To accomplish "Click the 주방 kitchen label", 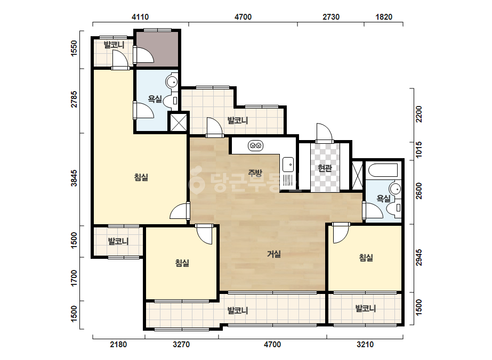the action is tap(255, 173).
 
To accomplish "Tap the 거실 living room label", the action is tap(273, 253).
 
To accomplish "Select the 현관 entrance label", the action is tap(325, 168).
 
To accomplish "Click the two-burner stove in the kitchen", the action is tap(255, 146).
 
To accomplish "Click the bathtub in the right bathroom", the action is tap(383, 170).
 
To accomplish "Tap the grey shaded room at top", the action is tap(157, 48).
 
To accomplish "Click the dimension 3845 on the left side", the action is tap(74, 178).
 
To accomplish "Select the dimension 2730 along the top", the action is tap(331, 17).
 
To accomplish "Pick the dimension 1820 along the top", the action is tap(384, 17).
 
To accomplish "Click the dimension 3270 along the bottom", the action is tap(181, 345).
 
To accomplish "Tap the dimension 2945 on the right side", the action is tap(419, 258).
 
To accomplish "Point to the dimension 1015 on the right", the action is tap(419, 150).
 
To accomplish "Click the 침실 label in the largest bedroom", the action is tap(141, 177).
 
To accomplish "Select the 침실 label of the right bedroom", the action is tap(366, 258).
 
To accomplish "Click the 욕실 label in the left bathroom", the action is tap(155, 99).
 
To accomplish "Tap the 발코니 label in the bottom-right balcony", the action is tap(366, 308).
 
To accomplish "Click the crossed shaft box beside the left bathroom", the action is tap(178, 122).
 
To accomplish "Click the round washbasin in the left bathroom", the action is tap(172, 82).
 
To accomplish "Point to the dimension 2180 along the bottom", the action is tap(118, 345).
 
